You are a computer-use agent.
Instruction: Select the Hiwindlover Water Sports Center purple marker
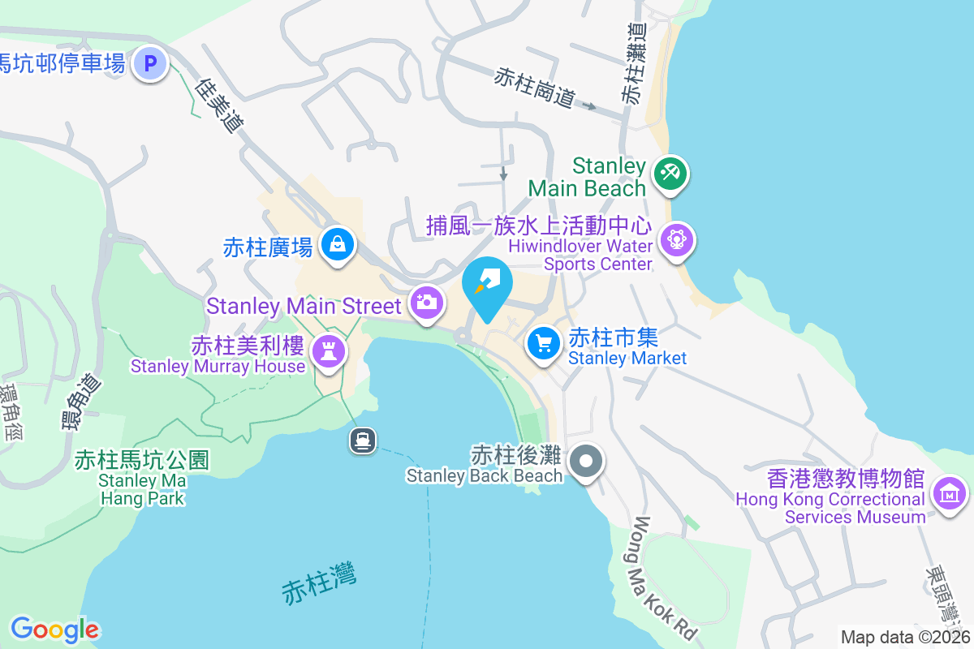pyautogui.click(x=677, y=240)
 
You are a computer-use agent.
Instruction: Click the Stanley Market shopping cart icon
pyautogui.click(x=544, y=343)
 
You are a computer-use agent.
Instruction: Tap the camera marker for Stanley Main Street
pyautogui.click(x=426, y=303)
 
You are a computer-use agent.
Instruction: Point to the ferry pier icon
pyautogui.click(x=363, y=441)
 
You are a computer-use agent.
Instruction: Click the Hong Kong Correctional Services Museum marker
pyautogui.click(x=949, y=492)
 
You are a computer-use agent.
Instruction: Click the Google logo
pyautogui.click(x=54, y=630)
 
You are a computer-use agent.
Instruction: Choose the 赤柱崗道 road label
pyautogui.click(x=535, y=87)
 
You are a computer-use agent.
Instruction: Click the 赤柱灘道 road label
pyautogui.click(x=634, y=62)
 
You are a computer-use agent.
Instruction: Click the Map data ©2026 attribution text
pyautogui.click(x=906, y=637)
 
